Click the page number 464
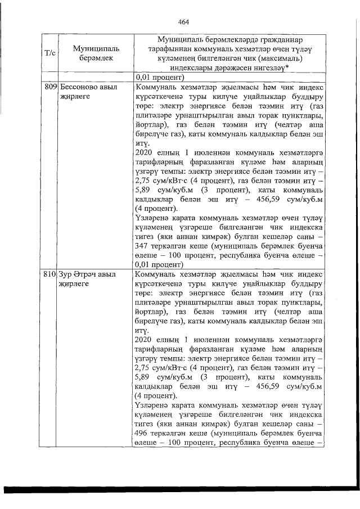coord(183,22)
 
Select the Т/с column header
coord(49,53)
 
